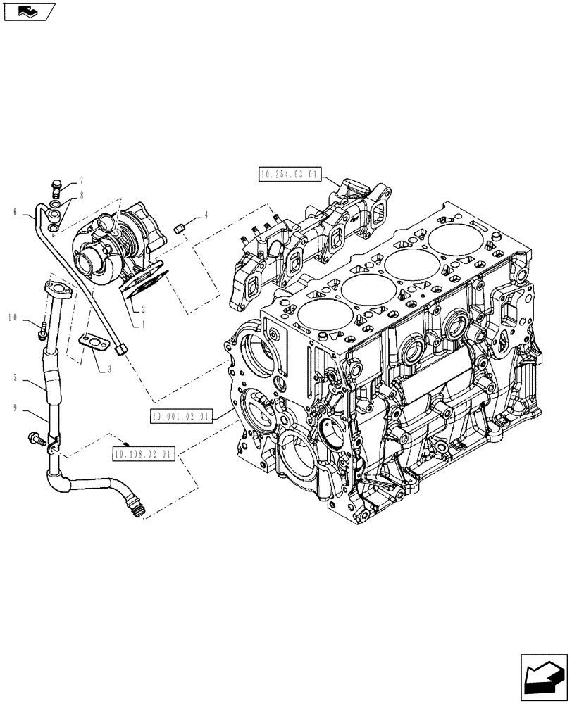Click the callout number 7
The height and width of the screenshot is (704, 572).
click(82, 180)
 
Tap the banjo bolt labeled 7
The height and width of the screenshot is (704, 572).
click(57, 188)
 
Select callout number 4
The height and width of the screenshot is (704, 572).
click(206, 215)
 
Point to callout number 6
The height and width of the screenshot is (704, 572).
click(15, 211)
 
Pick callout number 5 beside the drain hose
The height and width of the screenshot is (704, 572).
click(15, 378)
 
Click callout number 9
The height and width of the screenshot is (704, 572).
click(15, 406)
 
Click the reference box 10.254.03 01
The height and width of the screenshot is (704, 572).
click(291, 175)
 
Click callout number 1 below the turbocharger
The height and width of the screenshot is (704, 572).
click(143, 325)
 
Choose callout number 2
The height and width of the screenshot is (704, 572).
click(143, 308)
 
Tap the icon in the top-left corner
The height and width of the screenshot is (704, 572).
click(28, 11)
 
